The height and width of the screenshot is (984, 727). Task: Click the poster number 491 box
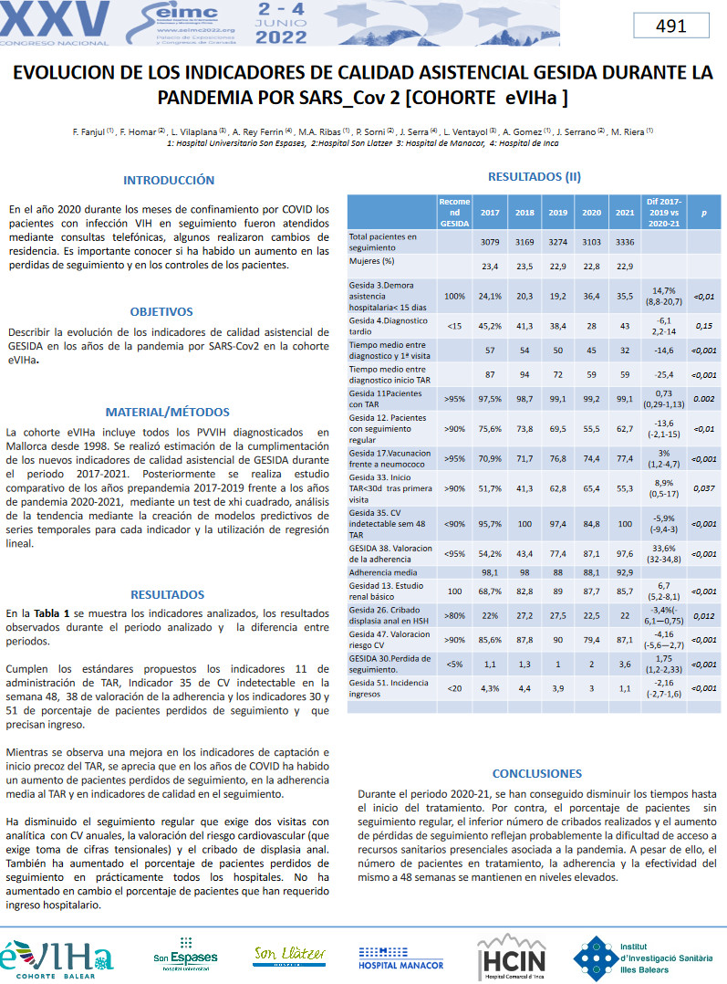(670, 26)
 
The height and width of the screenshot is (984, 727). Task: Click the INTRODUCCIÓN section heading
(169, 180)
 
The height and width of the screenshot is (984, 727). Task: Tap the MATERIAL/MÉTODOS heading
(168, 412)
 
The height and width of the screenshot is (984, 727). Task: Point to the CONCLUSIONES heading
(536, 773)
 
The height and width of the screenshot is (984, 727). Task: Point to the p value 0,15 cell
(703, 326)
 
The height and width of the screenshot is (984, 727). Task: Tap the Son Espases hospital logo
(185, 955)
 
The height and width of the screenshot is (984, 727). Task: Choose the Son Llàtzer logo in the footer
(289, 955)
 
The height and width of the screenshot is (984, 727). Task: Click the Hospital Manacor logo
(401, 958)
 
